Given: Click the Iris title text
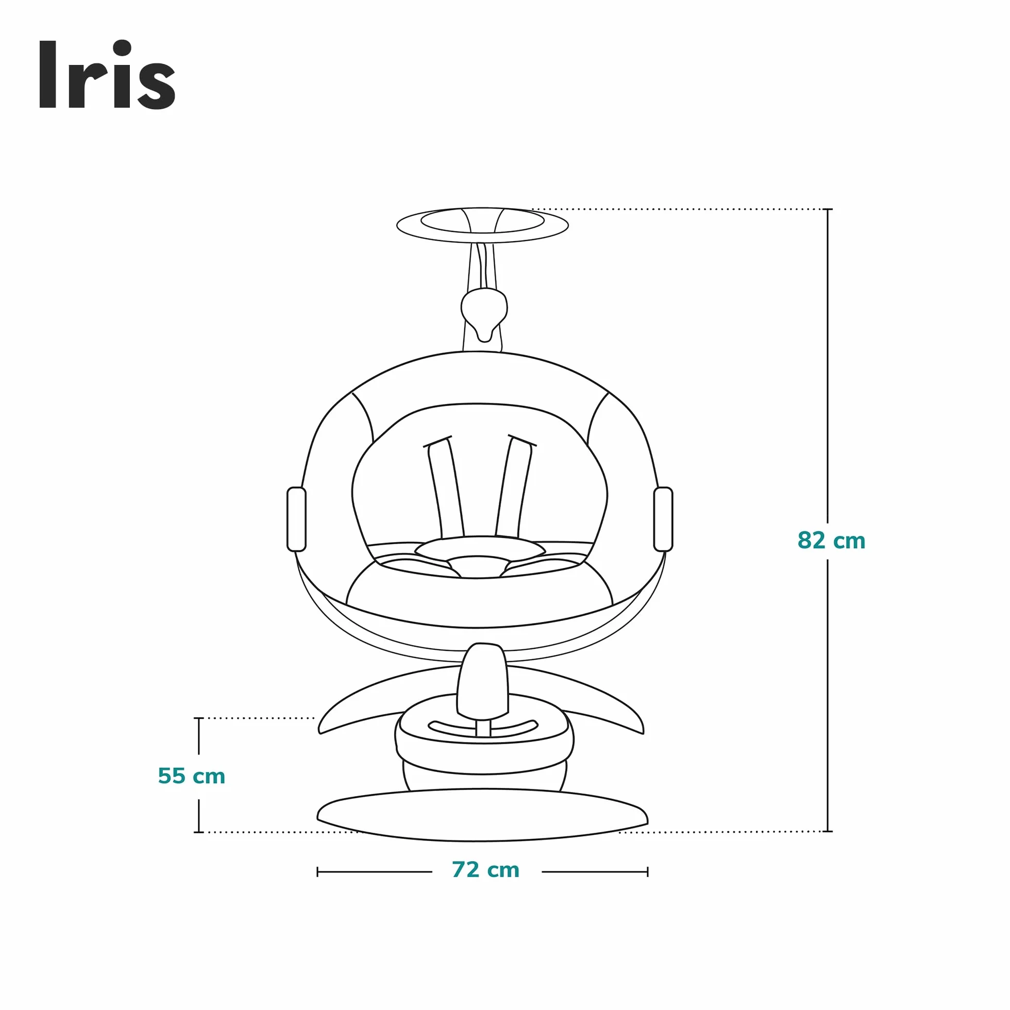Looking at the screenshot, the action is pos(107,75).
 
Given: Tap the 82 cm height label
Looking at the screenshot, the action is pos(831,541).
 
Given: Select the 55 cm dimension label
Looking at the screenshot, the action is pos(191,777).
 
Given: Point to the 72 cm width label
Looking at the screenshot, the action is pos(485,870).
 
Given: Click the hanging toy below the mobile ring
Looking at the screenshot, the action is pos(484,314).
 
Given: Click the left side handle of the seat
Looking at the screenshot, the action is pos(296,519).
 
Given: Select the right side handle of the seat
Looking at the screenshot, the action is pos(663,519).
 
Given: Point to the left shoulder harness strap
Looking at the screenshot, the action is pos(444,489).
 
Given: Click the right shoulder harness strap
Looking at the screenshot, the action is pos(515,489).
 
